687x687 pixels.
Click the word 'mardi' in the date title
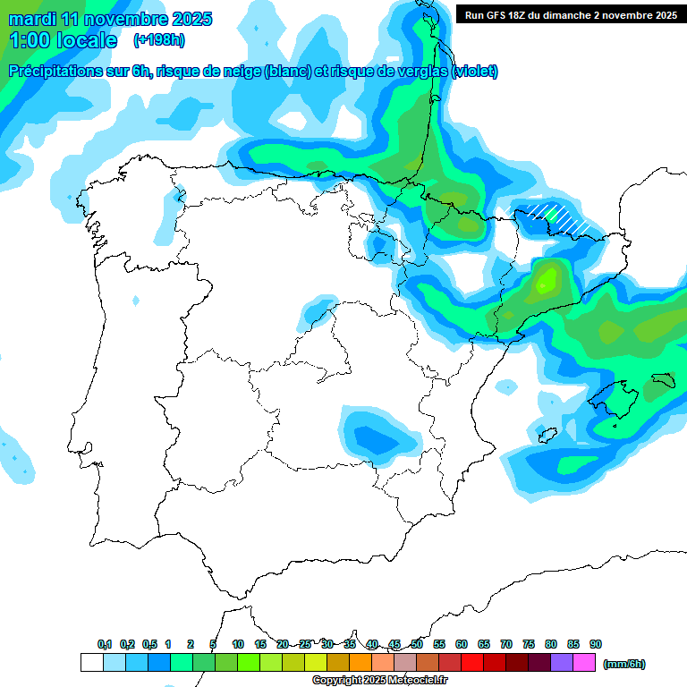29,19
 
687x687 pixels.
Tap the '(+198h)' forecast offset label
159,40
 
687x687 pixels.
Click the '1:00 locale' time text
63,40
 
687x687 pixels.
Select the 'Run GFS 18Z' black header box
570,14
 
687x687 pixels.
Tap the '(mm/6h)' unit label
623,664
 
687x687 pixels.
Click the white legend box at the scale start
91,663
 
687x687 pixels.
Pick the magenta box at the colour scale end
585,663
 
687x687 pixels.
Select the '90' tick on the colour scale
596,644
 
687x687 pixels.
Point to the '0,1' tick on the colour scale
104,644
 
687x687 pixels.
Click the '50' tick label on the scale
417,644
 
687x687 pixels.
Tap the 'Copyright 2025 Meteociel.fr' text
380,680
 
